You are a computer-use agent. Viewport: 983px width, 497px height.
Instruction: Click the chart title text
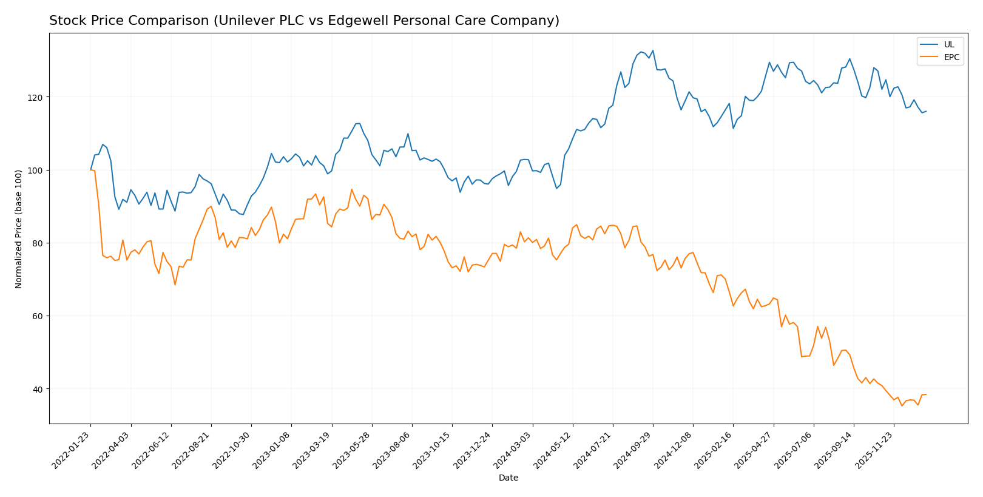tap(304, 21)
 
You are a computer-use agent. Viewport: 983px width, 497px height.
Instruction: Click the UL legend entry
tap(948, 45)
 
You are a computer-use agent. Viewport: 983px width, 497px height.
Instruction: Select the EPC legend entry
tap(951, 58)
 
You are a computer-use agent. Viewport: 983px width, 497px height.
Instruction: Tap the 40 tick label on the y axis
tap(38, 389)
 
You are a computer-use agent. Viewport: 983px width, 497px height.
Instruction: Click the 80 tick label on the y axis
tap(38, 243)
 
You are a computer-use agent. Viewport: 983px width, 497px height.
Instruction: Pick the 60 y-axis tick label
tap(38, 316)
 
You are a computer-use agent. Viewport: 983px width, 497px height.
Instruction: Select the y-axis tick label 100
tap(36, 171)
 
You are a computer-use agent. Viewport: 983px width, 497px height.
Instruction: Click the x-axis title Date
tap(508, 478)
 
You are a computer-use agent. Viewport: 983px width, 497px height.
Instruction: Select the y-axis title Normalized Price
tap(19, 229)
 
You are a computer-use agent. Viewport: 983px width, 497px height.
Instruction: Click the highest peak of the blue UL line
tap(652, 50)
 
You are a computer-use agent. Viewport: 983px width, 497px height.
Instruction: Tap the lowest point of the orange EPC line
tap(902, 405)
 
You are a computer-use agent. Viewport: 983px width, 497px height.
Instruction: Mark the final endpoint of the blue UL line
tap(926, 111)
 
